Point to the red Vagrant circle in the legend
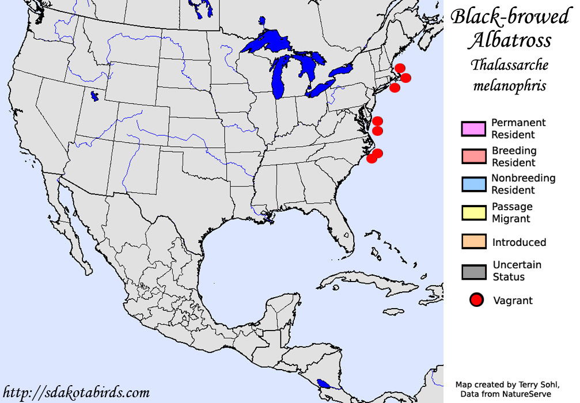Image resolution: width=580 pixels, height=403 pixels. [476, 300]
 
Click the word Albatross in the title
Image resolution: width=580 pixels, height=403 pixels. [509, 40]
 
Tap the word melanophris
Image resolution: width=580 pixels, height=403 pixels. [510, 86]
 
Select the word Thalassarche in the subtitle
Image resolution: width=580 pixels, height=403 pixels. [510, 64]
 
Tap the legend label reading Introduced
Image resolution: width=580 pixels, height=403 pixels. [519, 242]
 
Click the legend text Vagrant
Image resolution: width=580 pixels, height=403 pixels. [513, 301]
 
